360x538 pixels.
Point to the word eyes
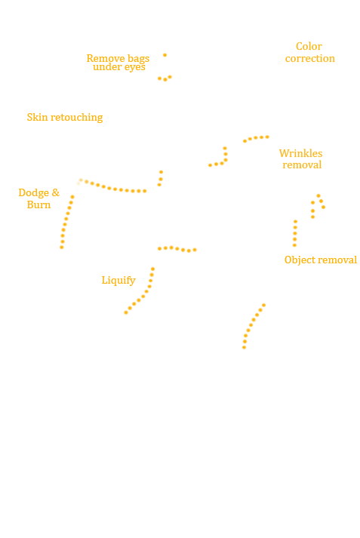[x=135, y=67]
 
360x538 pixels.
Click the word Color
[x=309, y=46]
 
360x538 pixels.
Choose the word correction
[x=310, y=59]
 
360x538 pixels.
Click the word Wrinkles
[x=300, y=153]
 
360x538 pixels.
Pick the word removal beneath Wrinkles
[x=302, y=165]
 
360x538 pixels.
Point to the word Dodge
[x=34, y=193]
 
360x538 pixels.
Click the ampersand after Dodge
[x=56, y=193]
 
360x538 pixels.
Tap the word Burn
[x=38, y=204]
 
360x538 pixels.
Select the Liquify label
[x=118, y=281]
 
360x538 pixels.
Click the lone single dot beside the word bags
[x=165, y=55]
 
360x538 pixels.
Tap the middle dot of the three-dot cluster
[x=165, y=79]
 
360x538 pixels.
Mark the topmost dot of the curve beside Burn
[x=72, y=197]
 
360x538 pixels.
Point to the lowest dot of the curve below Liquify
[x=126, y=312]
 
